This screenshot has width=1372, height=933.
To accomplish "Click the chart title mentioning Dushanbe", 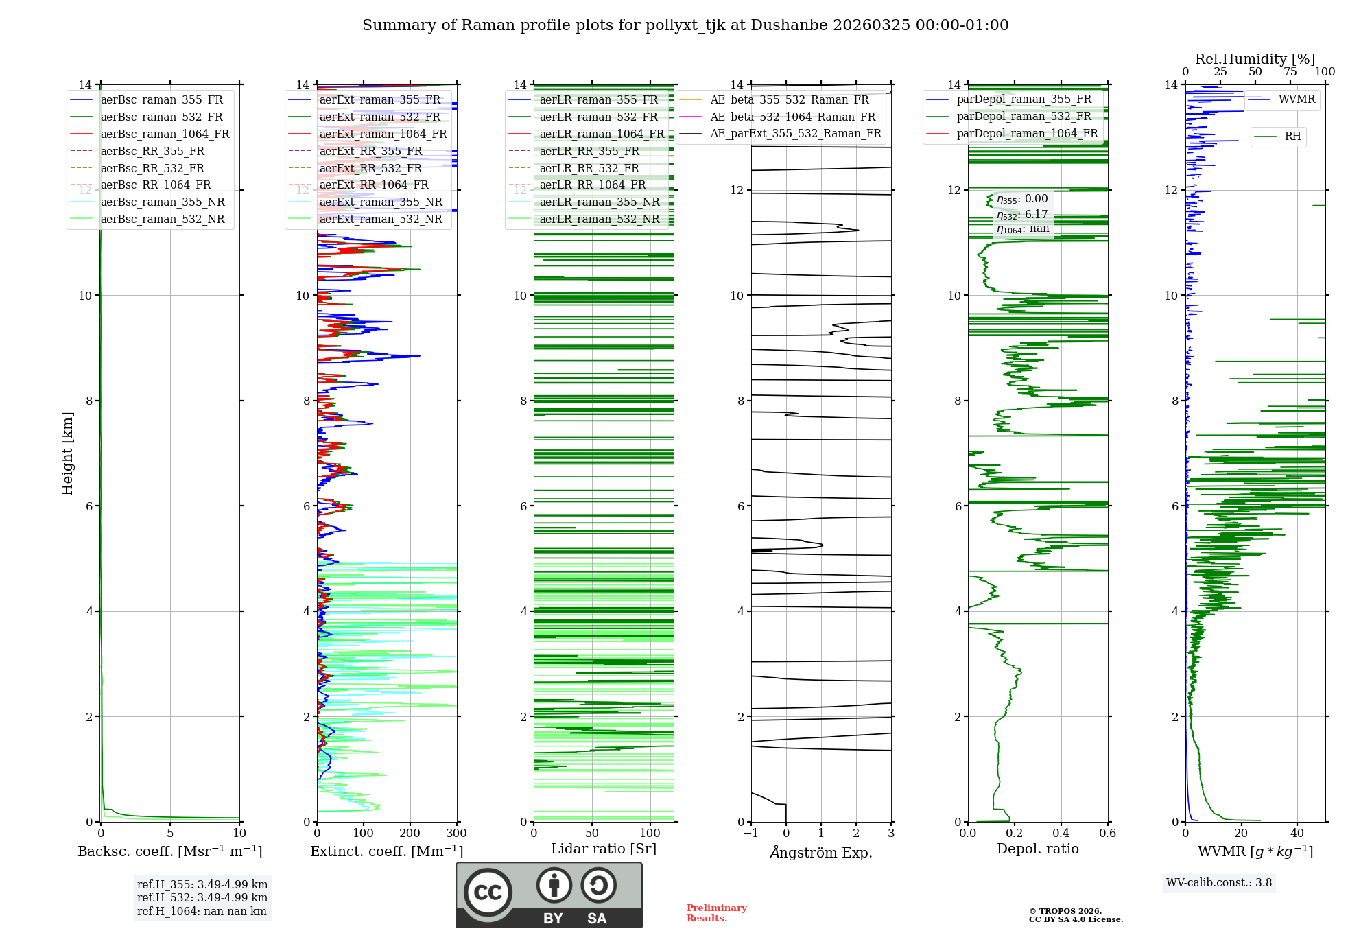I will tap(685, 25).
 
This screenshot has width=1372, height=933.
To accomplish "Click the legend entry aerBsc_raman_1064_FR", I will tap(165, 134).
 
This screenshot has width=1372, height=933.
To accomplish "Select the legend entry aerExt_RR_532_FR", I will tap(370, 168).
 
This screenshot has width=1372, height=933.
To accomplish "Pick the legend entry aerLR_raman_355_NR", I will tap(599, 202).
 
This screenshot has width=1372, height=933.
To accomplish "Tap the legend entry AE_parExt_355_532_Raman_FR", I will tap(796, 134).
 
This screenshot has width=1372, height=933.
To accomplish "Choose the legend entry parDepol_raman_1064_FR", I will tap(1027, 134).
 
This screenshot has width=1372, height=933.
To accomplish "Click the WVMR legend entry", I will tap(1297, 99).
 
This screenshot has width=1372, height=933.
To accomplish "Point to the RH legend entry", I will tap(1292, 137).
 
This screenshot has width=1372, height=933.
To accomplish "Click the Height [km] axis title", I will tap(67, 453).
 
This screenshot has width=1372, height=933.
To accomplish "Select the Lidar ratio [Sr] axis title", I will tap(604, 849).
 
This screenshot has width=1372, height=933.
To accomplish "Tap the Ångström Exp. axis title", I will tap(821, 852).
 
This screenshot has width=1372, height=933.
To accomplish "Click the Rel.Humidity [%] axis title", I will tap(1255, 59).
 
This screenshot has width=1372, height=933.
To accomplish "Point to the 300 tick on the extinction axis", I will tap(456, 834).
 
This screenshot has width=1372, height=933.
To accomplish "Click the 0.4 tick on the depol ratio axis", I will tap(1061, 834).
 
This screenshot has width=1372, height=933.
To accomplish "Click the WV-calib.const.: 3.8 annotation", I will tap(1219, 883).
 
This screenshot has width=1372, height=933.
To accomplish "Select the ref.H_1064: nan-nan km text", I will tap(202, 912).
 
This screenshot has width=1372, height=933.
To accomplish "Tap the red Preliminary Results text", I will tap(716, 913).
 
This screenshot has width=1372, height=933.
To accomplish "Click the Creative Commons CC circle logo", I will tap(488, 893).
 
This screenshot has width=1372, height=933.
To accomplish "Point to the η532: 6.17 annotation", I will tap(1022, 215).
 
